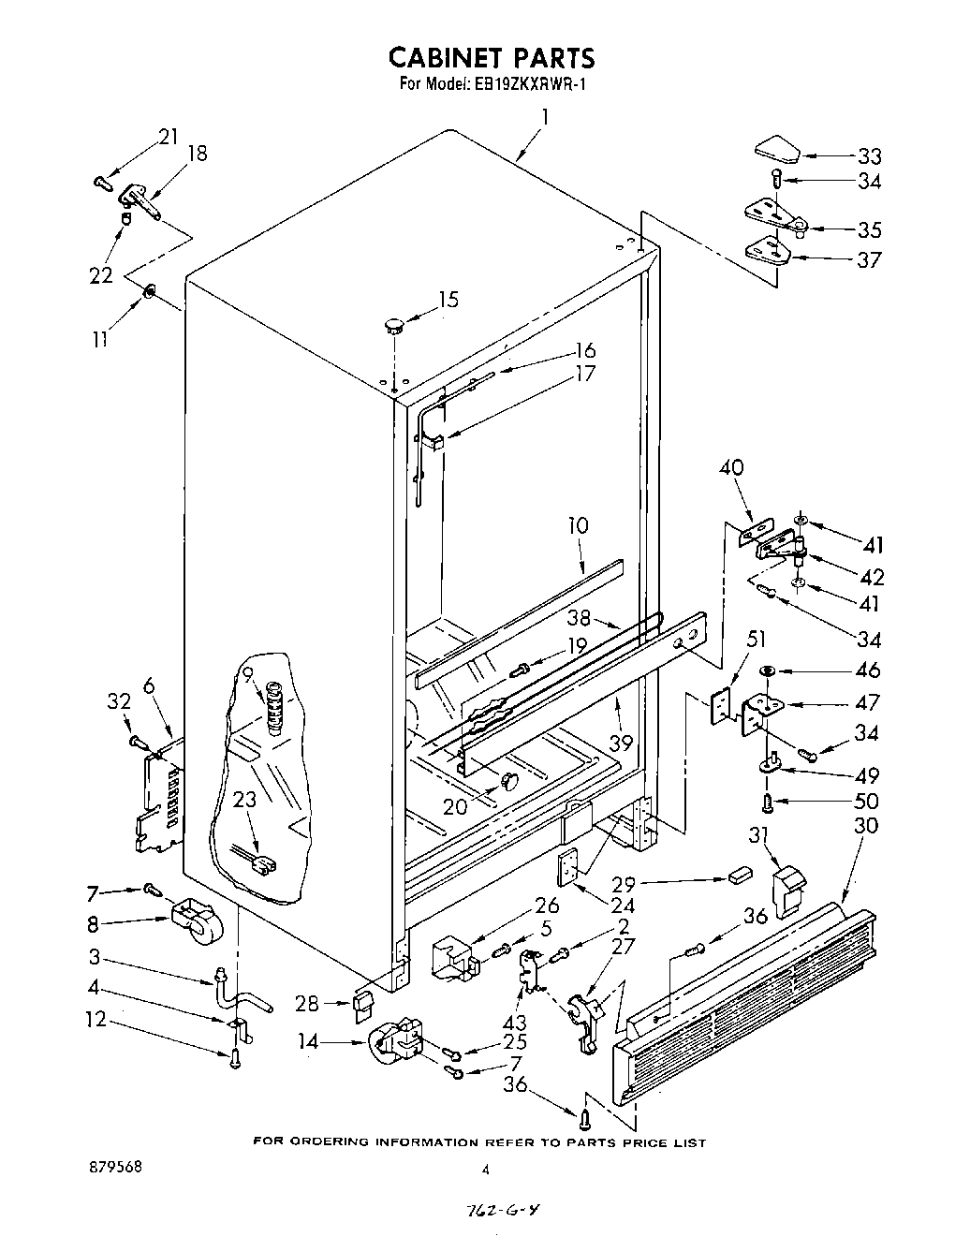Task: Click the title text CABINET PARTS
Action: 491,58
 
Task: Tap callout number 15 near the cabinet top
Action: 448,300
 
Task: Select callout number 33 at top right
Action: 869,156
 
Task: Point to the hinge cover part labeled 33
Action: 776,146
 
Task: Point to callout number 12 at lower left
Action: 96,1020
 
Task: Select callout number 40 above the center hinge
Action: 731,468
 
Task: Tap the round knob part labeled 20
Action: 509,778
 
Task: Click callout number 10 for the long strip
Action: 579,525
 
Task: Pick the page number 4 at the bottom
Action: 485,1170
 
